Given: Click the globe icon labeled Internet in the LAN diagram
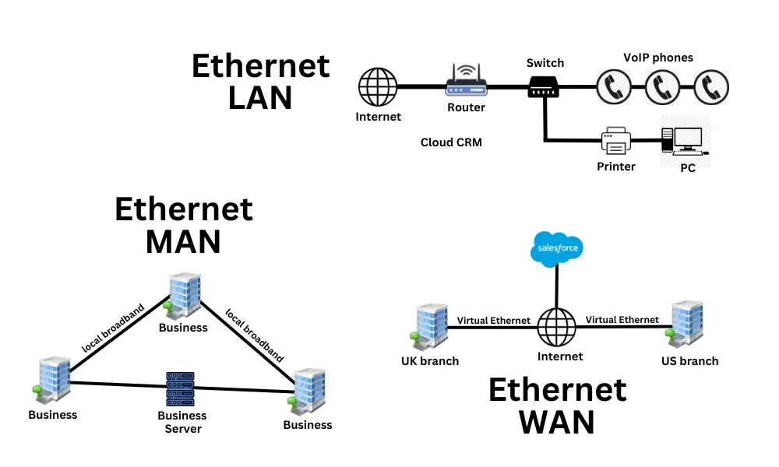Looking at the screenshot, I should point(378,86).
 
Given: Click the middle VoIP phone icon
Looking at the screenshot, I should point(662,86).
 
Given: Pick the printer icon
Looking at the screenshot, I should point(615,142).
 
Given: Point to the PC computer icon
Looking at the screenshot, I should point(683,142).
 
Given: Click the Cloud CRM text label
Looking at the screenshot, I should point(451,142).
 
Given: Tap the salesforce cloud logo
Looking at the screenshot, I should point(556,249).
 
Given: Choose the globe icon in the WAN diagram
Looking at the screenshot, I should point(556,327).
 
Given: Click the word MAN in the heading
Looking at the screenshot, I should point(183,242).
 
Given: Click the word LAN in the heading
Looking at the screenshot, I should point(260,99).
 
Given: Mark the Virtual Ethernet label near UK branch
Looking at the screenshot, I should point(493,320).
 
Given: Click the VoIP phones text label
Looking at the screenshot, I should point(658,58).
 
